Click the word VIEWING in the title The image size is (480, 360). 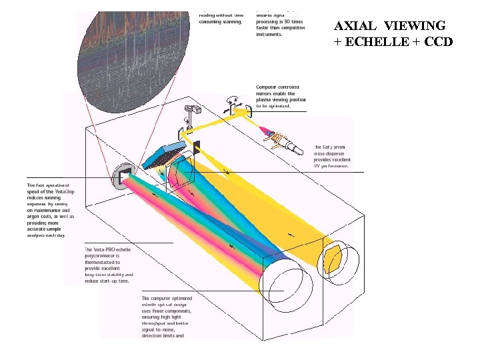(x=417, y=27)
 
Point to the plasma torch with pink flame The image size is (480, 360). (x=279, y=137)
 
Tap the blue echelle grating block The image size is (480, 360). (x=162, y=153)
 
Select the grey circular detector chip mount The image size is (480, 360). (x=122, y=176)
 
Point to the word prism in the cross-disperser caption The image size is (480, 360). (x=338, y=147)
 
